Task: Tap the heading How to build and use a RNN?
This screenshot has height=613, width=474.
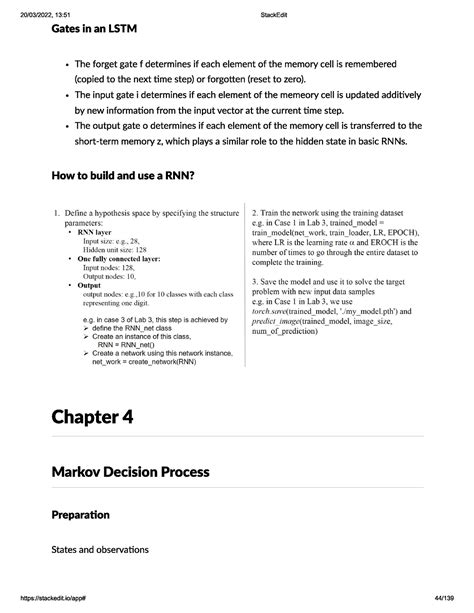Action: pyautogui.click(x=108, y=176)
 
